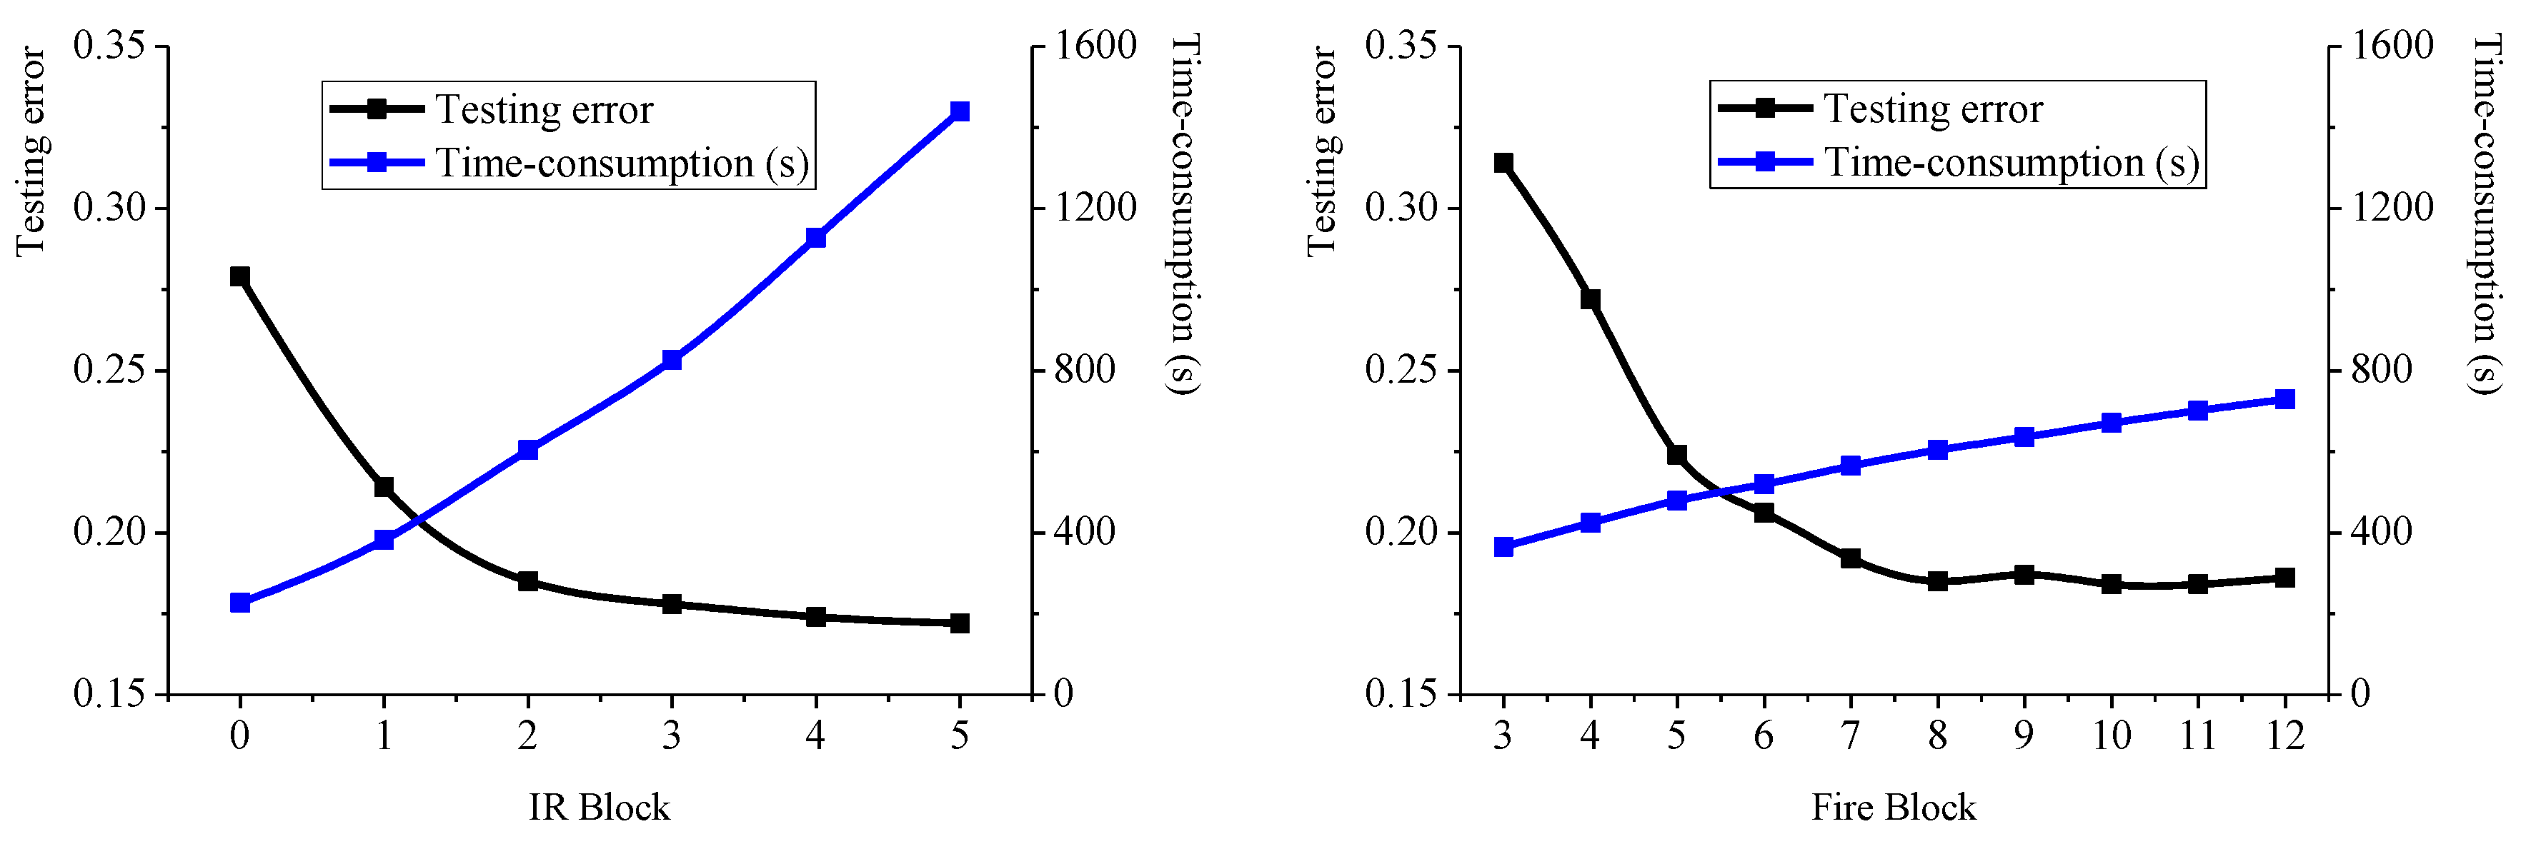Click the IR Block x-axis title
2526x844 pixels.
tap(599, 807)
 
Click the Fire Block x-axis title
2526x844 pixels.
tap(1893, 807)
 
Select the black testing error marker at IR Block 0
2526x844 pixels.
tap(239, 276)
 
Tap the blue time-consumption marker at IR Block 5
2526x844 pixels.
tap(960, 112)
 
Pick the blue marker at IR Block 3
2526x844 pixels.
tap(672, 360)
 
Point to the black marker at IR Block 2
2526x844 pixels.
tap(527, 581)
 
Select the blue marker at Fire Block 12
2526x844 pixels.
tap(2284, 399)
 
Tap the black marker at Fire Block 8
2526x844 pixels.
tap(1938, 581)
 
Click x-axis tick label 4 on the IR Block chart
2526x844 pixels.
tap(815, 735)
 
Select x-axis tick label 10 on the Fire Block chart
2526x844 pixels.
tap(2112, 735)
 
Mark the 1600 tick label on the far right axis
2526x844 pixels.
tap(2392, 45)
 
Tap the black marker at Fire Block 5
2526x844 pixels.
tap(1677, 455)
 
